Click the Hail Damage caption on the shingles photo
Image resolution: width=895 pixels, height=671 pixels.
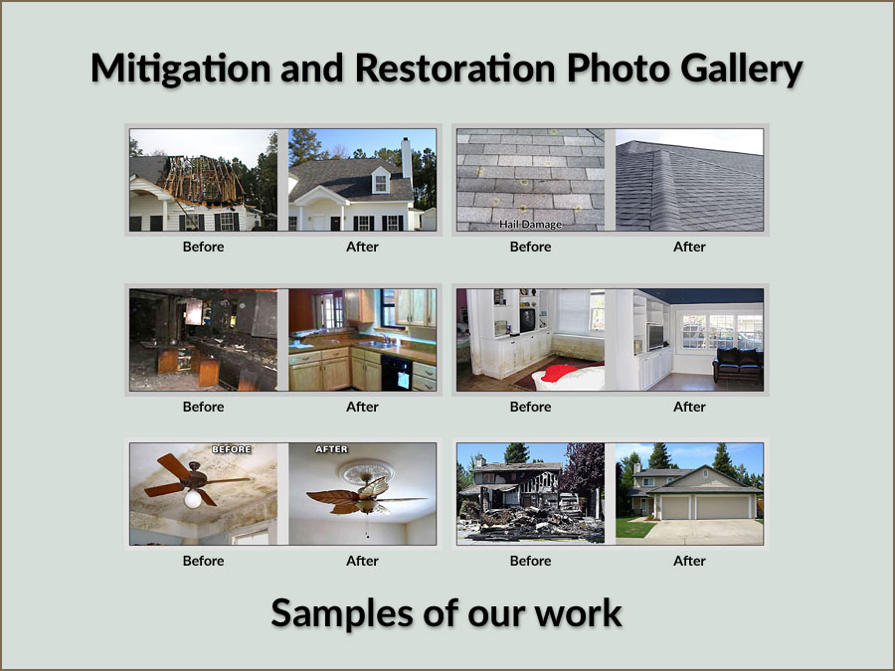click(530, 225)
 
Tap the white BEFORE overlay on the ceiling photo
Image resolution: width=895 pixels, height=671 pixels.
click(233, 449)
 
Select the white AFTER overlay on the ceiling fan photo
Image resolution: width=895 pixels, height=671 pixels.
click(331, 449)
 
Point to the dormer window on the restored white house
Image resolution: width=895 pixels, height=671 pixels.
click(380, 182)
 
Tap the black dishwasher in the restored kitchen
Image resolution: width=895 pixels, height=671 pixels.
click(396, 374)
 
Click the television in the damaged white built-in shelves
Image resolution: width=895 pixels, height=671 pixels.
click(527, 319)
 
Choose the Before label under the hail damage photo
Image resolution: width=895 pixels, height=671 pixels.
click(530, 247)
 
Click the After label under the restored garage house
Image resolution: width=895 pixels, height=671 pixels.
click(689, 561)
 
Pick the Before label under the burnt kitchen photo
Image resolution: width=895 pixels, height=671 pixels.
click(203, 406)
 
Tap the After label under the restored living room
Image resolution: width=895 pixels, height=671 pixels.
click(689, 406)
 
